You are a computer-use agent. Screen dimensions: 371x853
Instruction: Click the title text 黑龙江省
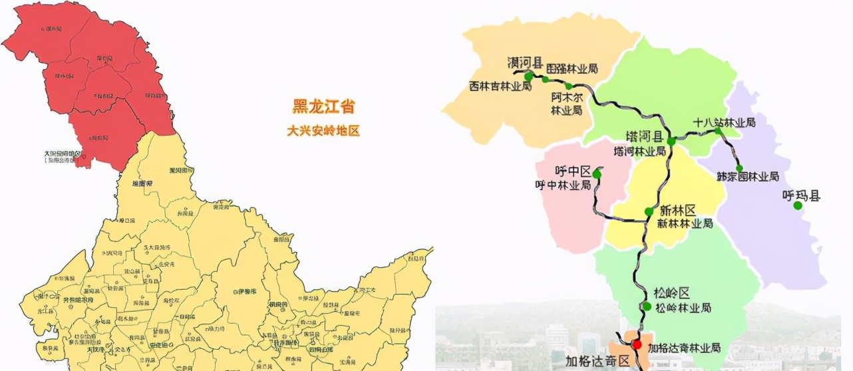coord(323,107)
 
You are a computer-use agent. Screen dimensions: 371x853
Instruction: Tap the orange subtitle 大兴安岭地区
coord(323,131)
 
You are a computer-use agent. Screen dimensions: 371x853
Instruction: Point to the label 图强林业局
coord(572,68)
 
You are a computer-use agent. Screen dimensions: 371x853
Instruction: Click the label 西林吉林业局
coord(500,86)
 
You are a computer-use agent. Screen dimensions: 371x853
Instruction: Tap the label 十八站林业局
coord(724,122)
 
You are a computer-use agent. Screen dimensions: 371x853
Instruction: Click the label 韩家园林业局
coord(748,177)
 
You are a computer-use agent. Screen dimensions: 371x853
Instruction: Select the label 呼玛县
coord(801,195)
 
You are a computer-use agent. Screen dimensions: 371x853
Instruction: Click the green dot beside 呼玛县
coord(798,206)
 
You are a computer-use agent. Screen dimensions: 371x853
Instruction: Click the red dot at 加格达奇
coord(637,344)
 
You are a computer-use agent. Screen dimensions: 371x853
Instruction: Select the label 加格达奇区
coord(597,361)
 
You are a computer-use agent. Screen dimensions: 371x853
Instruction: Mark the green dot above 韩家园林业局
coord(739,168)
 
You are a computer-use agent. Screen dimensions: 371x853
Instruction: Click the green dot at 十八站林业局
coord(719,132)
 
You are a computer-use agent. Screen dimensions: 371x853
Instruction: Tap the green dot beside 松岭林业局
coord(647,307)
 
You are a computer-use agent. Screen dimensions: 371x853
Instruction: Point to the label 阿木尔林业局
coord(566,103)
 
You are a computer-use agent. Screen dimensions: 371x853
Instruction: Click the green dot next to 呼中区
coord(597,174)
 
